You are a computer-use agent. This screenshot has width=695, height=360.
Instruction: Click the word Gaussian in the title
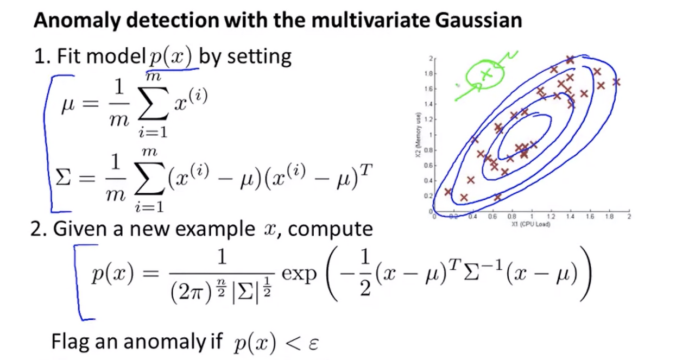point(478,21)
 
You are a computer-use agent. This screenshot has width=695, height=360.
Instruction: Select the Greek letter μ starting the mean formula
point(68,105)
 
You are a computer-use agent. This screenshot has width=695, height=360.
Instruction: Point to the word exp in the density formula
point(299,275)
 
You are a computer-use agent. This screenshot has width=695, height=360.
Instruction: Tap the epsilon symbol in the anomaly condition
point(314,344)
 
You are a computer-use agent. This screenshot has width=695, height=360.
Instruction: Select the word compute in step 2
point(330,230)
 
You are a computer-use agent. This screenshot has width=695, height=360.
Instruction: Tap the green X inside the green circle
point(486,74)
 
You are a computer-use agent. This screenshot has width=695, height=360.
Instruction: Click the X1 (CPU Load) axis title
point(531,224)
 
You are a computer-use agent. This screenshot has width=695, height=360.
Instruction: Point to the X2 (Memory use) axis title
point(418,135)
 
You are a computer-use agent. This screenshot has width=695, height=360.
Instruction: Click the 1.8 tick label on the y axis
point(428,74)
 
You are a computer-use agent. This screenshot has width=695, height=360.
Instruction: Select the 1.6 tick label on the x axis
point(590,216)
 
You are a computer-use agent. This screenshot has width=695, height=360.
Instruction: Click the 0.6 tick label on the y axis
point(428,166)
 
